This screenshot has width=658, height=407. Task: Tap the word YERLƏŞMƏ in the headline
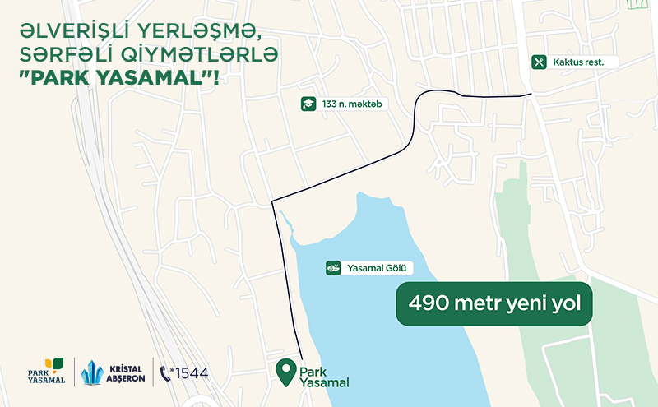(x=195, y=31)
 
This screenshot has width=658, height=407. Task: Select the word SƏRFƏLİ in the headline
(x=67, y=56)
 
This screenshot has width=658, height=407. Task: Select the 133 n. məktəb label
(x=354, y=104)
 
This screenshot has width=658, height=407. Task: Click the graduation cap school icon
(x=308, y=104)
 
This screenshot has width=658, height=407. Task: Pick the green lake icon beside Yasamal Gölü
(x=334, y=268)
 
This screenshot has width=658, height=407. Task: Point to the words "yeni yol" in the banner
(x=549, y=303)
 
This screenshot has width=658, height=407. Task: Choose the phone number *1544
(x=189, y=373)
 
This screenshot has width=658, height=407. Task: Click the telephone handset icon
(x=164, y=373)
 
